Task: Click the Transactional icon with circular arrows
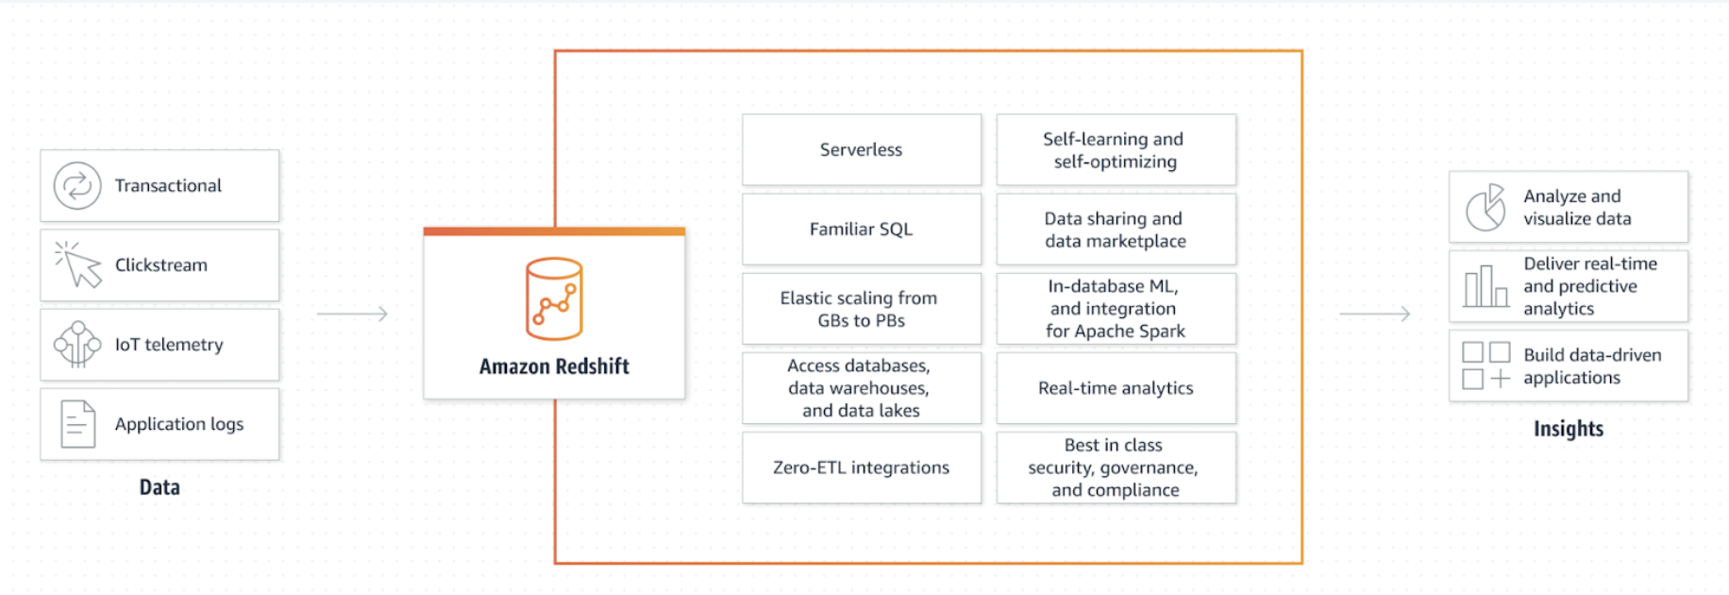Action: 77,185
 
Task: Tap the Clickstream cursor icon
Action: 79,264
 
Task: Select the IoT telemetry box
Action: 159,345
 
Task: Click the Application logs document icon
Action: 77,424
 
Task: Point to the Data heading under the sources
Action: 159,487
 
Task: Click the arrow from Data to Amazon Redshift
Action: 352,314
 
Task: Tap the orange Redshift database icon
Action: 554,298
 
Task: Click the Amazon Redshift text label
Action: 554,366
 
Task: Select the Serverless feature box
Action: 861,149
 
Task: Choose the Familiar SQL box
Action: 861,229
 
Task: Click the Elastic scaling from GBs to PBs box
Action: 861,309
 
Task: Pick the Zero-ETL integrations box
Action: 861,467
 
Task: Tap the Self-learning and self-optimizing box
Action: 1116,149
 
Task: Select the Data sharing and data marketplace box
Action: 1116,229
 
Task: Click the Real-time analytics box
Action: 1116,388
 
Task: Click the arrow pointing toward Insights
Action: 1374,314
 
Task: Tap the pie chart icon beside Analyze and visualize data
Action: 1486,208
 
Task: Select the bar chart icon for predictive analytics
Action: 1486,286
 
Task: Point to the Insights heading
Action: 1568,429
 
